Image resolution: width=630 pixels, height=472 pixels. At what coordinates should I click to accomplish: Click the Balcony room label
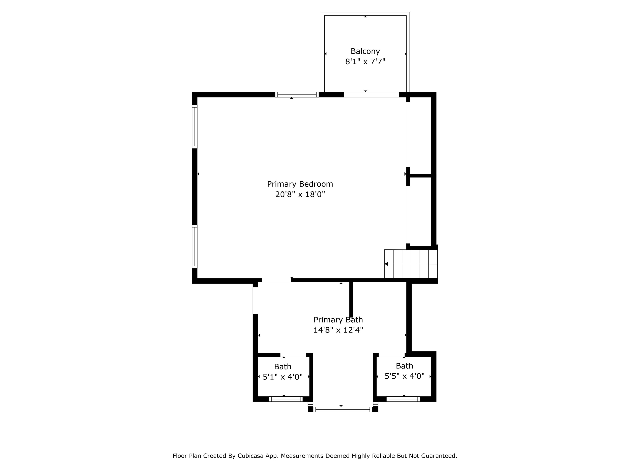tap(365, 51)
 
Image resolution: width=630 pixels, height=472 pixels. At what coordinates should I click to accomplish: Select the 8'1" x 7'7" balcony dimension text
tap(365, 61)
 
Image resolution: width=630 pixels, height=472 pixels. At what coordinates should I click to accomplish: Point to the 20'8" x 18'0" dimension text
tap(300, 195)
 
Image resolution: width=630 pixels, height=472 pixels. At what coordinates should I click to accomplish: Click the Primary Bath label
tap(338, 320)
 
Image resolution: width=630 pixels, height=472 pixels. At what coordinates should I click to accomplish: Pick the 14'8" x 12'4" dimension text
tap(338, 330)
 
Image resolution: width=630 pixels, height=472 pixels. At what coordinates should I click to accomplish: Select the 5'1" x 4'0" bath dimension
tap(283, 377)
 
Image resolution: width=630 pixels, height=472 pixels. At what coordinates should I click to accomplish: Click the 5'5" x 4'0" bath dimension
tap(404, 376)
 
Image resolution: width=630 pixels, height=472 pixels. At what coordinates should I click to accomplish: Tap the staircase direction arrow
tap(387, 264)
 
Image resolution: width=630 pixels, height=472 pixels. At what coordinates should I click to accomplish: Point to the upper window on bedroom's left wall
tap(195, 127)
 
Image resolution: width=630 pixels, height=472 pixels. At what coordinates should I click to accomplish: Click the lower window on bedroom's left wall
tap(195, 247)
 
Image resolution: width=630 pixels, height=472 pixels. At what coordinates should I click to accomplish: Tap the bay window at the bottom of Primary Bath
tap(343, 409)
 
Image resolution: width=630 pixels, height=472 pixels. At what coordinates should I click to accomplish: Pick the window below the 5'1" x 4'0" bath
tap(286, 399)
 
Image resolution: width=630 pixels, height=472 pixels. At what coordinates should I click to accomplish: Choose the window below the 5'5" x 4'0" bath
tap(403, 399)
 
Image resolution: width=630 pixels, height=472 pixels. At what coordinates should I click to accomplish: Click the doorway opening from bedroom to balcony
tap(371, 95)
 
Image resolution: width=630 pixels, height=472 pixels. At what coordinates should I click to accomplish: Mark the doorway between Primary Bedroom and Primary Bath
tap(276, 280)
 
